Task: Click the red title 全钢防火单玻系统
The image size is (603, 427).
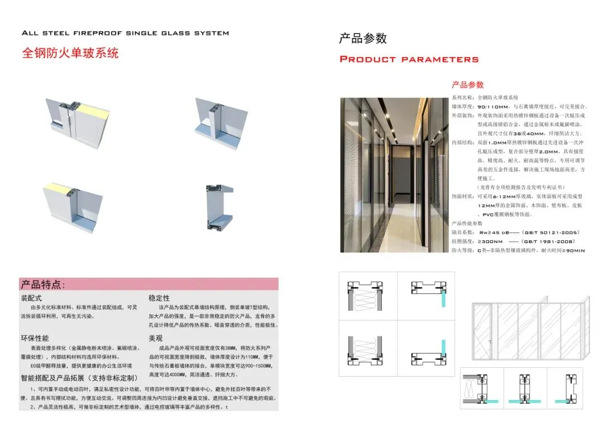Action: point(70,54)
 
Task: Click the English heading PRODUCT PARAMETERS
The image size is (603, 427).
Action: point(409,59)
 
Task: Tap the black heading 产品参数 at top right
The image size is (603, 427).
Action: point(363,39)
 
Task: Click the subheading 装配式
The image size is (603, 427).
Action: point(31,298)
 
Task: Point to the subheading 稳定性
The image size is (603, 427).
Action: point(159,298)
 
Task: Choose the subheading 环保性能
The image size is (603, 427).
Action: point(35,338)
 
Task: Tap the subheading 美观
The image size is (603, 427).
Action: point(155,338)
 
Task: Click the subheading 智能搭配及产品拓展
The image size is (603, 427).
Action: point(78,378)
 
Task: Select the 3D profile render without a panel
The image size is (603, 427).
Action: point(215,207)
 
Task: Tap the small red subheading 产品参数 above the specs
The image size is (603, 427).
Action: point(467,85)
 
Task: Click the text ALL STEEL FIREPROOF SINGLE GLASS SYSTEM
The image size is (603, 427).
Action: point(125,33)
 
